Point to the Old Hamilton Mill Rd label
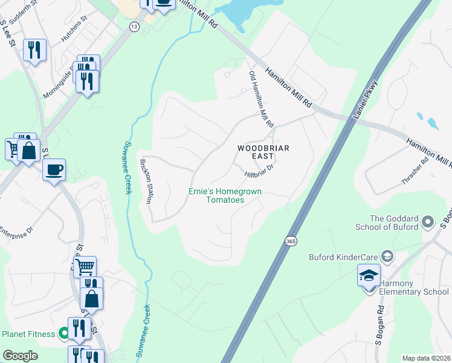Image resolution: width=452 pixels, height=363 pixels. tap(262, 99)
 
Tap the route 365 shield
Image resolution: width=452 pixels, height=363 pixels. tap(290, 241)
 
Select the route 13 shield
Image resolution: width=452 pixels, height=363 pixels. tap(134, 27)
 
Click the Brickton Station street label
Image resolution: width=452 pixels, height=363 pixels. tap(146, 180)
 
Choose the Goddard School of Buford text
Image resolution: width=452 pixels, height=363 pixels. tap(394, 223)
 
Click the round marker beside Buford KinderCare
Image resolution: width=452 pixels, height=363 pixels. tap(387, 255)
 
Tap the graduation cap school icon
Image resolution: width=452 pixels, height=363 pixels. tap(369, 275)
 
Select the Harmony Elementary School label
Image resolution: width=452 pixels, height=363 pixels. tap(414, 292)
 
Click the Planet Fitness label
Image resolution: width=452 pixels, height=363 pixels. tap(29, 334)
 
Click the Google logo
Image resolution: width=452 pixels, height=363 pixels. tap(20, 355)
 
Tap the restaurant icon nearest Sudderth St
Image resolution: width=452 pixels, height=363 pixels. tap(34, 49)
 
